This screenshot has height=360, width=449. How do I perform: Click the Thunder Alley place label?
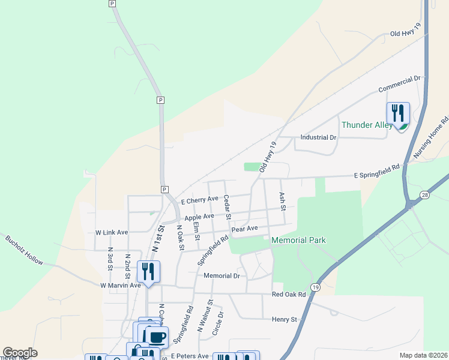[x=367, y=125]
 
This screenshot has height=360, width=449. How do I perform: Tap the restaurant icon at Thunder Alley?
[x=397, y=113]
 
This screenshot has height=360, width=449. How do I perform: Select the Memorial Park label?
[x=298, y=240]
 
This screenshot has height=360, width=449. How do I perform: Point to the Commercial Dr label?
[x=400, y=84]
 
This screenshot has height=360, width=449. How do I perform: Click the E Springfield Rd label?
[x=376, y=172]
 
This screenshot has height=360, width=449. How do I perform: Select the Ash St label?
[x=282, y=201]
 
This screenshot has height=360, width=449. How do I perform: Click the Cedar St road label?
[x=228, y=207]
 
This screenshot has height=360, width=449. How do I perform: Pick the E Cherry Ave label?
[x=199, y=200]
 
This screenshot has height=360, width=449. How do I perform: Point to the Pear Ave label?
[x=244, y=229]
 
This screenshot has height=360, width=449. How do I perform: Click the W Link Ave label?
[x=112, y=232]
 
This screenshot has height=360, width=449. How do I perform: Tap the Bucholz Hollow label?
[x=25, y=250]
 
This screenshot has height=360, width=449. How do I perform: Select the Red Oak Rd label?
[x=289, y=295]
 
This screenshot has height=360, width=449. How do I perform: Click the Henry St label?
[x=285, y=320]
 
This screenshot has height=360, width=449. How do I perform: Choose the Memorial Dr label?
[x=221, y=276]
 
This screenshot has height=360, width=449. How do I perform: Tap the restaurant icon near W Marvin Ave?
[x=148, y=271]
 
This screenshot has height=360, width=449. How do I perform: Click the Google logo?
[x=20, y=353]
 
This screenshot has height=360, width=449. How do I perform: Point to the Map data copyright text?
[x=423, y=355]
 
